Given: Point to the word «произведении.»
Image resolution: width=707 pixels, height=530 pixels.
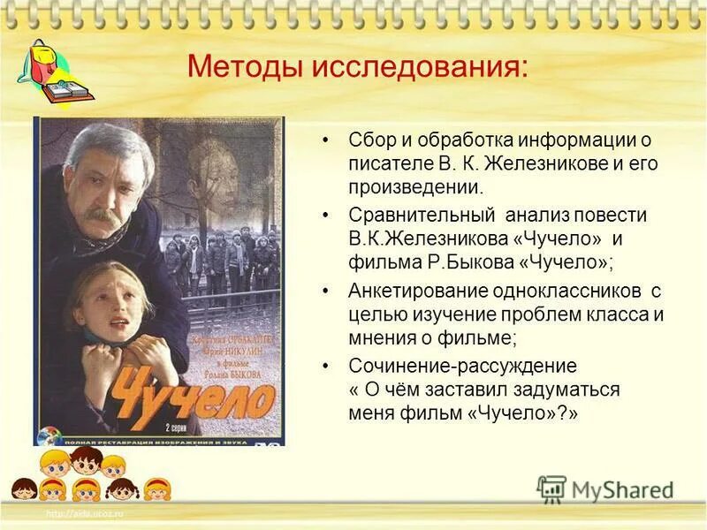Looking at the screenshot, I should click(416, 187).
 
